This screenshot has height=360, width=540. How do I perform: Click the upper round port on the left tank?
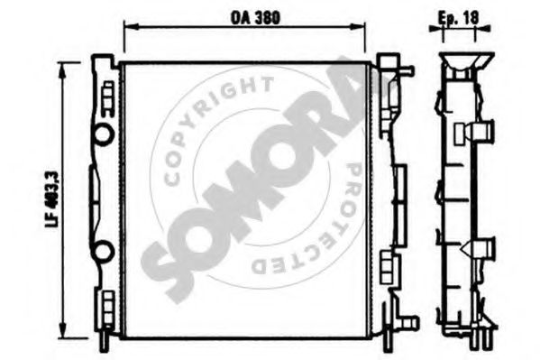point(105,135)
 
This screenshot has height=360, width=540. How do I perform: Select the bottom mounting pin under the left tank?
point(105,336)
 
